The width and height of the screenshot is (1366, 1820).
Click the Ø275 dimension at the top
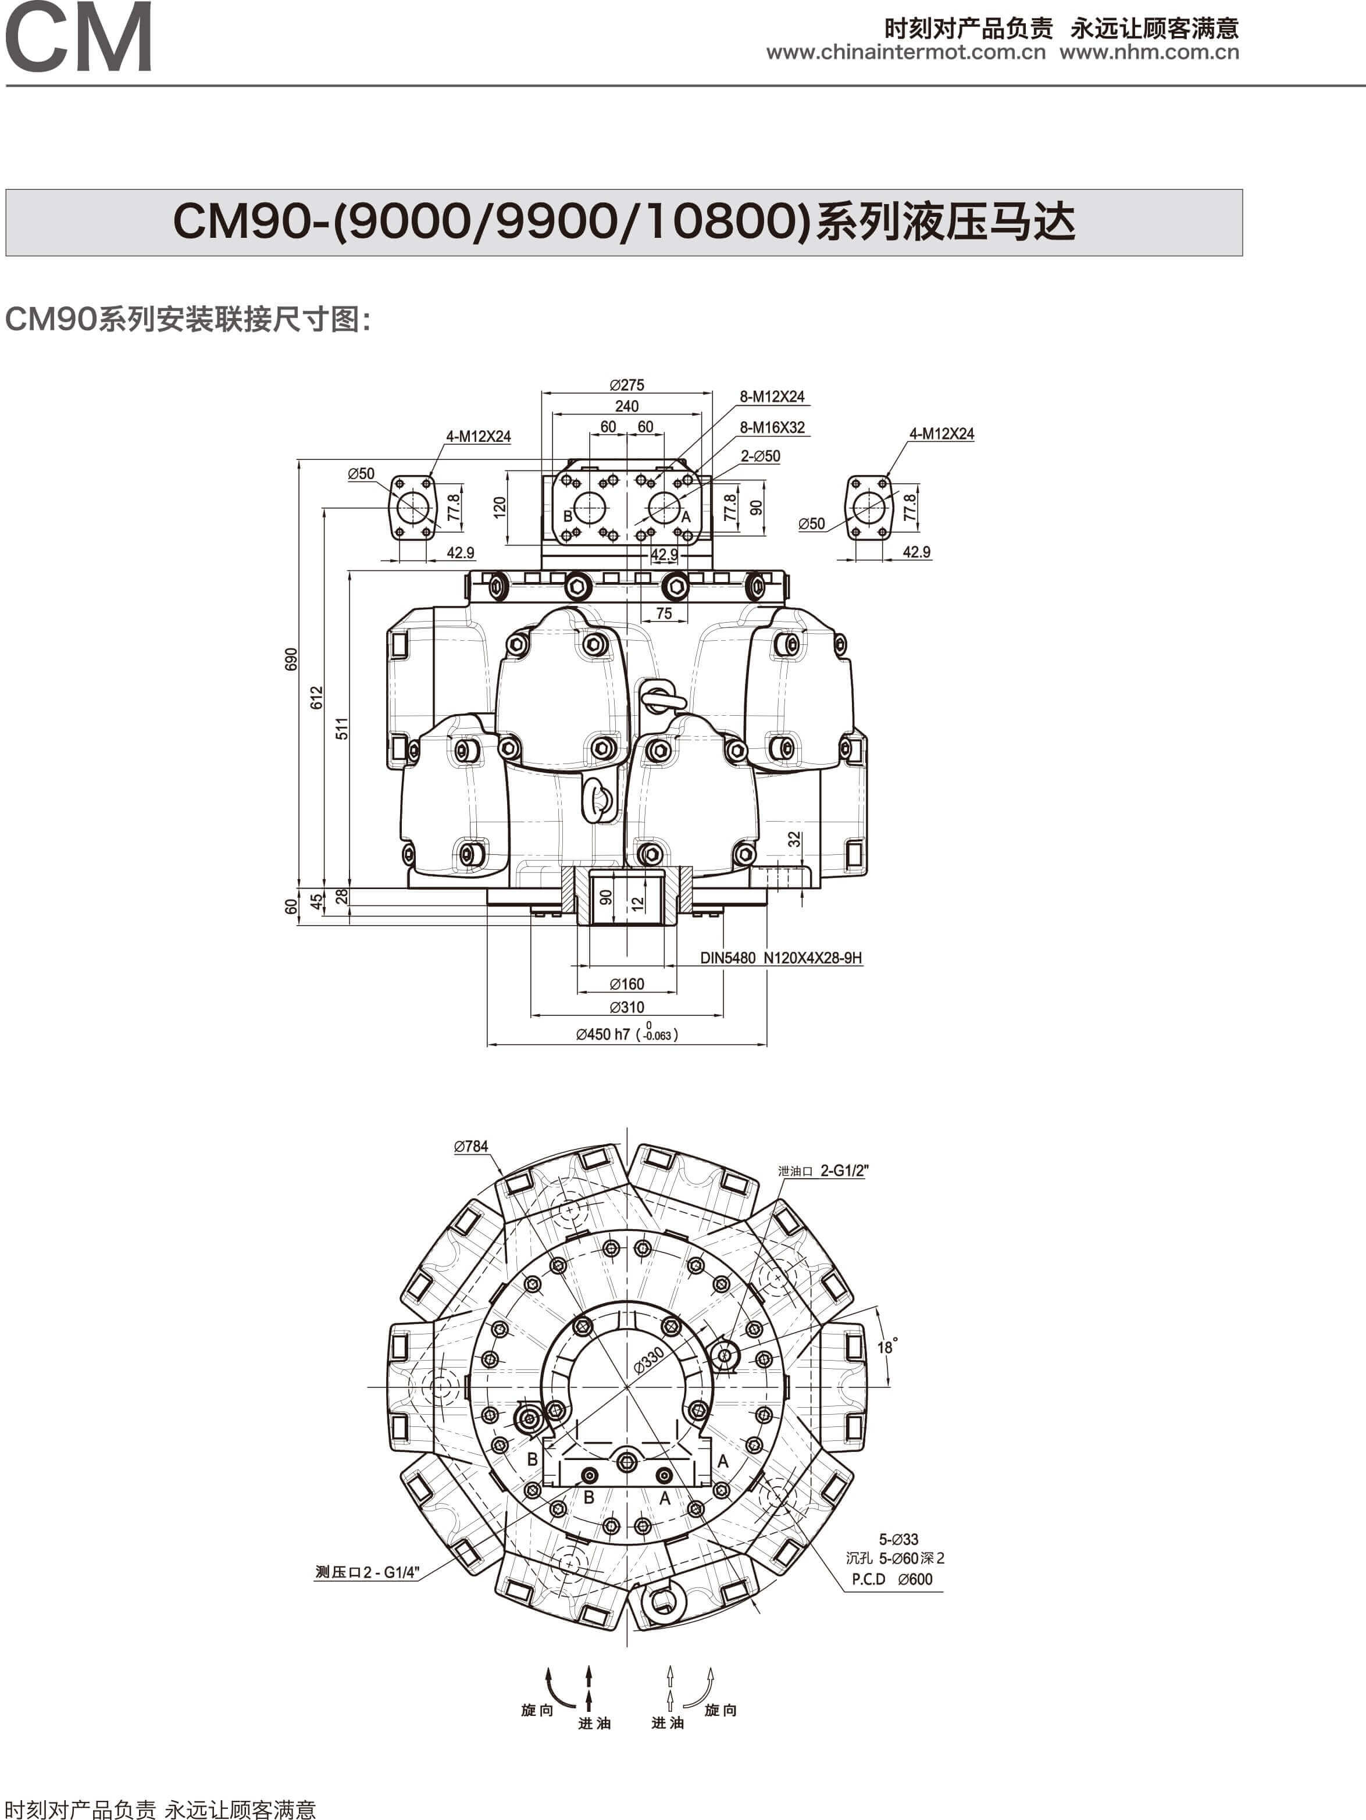click(x=627, y=385)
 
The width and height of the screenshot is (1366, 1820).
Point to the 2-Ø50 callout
click(x=761, y=456)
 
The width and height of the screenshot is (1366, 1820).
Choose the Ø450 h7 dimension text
click(x=627, y=1034)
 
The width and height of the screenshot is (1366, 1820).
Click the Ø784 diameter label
click(x=470, y=1146)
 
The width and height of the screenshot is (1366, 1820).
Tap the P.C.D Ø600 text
click(x=892, y=1579)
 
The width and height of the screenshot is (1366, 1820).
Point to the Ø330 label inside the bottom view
click(x=648, y=1360)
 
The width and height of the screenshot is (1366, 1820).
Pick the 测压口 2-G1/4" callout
click(x=367, y=1572)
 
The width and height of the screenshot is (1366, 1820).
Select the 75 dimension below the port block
click(x=664, y=613)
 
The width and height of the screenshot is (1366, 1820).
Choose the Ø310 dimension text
click(x=627, y=1007)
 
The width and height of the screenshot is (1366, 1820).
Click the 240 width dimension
click(x=627, y=406)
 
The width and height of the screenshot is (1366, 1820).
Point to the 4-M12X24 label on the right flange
click(x=941, y=434)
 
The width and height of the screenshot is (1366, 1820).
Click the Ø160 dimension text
click(x=627, y=984)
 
